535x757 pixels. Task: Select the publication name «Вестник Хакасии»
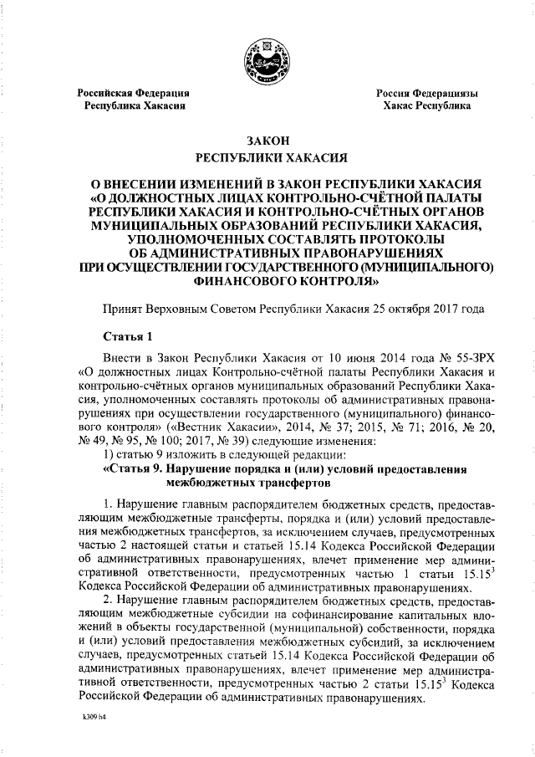tap(221, 424)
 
